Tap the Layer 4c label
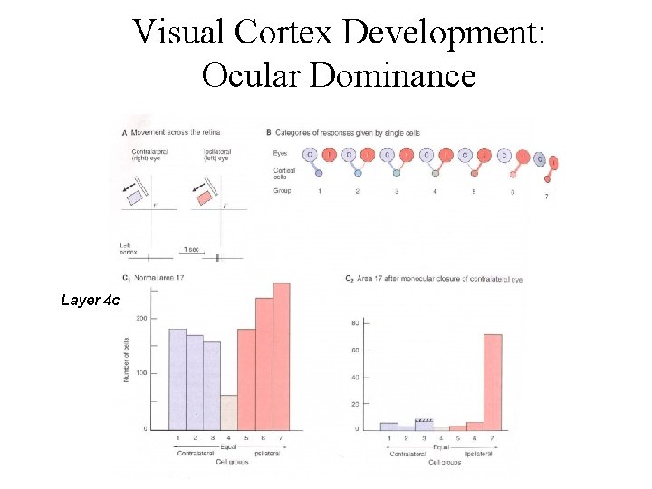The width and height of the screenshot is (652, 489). tap(90, 300)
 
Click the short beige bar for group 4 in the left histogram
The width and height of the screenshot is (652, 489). tap(228, 411)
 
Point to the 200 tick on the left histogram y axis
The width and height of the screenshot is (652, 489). tap(142, 318)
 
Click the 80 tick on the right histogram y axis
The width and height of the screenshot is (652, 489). tap(356, 323)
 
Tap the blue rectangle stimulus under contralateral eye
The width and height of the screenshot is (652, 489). tap(134, 195)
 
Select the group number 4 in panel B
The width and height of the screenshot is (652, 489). tap(435, 192)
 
